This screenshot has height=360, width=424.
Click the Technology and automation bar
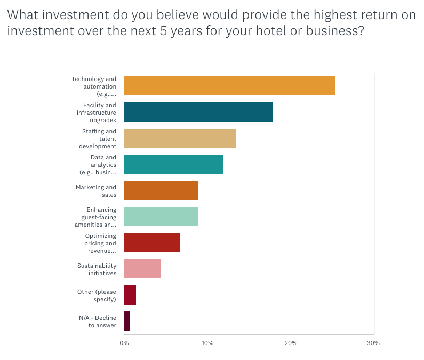[229, 86]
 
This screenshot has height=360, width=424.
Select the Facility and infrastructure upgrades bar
[198, 112]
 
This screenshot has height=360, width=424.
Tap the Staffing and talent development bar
[180, 138]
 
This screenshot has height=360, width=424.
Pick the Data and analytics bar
[173, 164]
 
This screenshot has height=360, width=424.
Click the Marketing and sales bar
[161, 190]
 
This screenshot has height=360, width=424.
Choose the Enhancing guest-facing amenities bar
[161, 217]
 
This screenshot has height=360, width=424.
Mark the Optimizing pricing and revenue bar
[151, 243]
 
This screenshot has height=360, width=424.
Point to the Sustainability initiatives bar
[142, 269]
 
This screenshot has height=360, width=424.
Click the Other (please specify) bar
[130, 295]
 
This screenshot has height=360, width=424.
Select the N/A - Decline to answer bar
[127, 321]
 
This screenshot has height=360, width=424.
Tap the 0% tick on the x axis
[124, 343]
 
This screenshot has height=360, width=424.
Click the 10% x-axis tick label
[207, 343]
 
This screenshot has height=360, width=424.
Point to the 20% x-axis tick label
[290, 343]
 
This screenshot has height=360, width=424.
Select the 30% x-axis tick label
[373, 343]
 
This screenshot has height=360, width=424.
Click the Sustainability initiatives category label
[97, 269]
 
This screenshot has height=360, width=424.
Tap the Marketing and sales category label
[96, 191]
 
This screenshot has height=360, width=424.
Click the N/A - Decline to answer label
[98, 322]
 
